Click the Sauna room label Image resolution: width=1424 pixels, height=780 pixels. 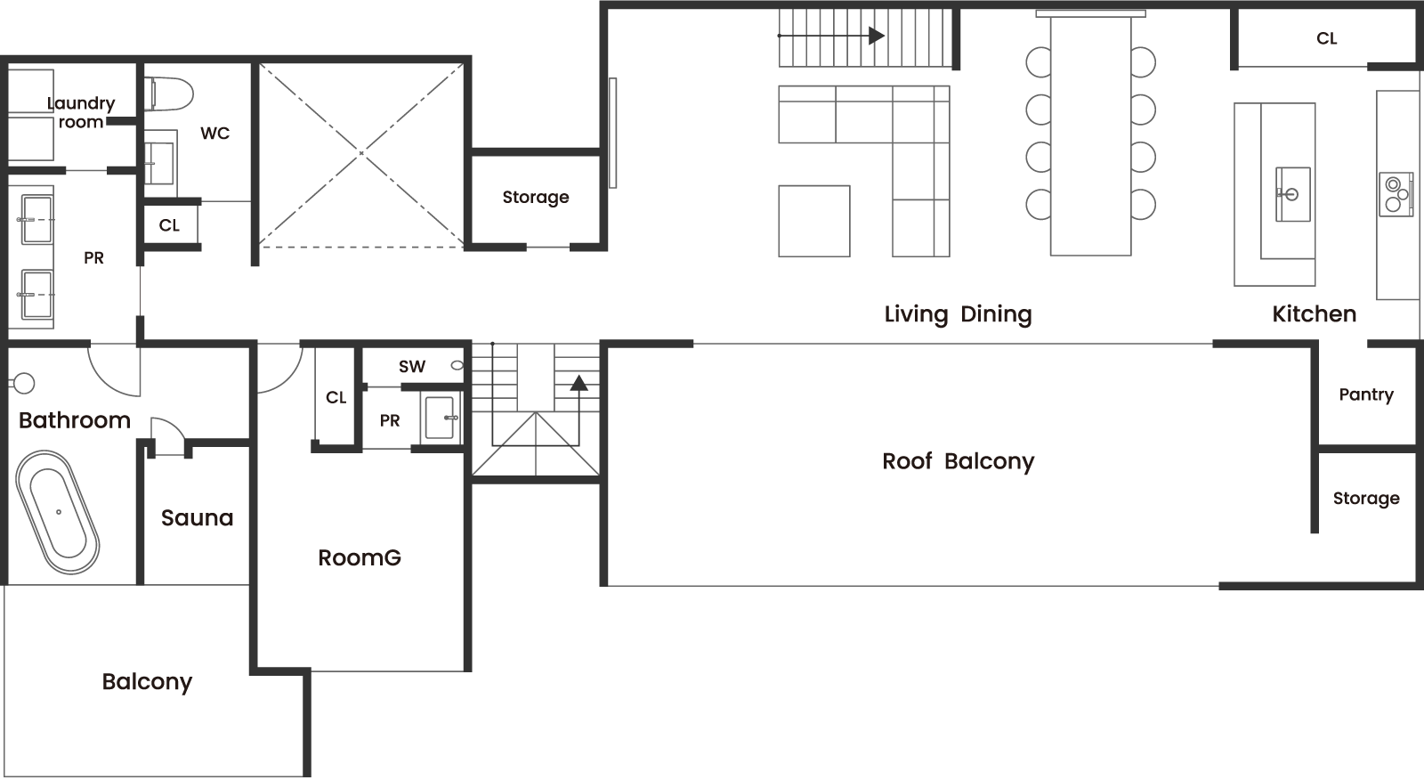coord(197,518)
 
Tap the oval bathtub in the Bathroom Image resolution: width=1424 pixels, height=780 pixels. coord(57,512)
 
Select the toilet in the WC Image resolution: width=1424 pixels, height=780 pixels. coord(168,94)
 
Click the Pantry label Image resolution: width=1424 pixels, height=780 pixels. coord(1366,395)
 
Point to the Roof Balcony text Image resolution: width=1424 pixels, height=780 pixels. coord(958,461)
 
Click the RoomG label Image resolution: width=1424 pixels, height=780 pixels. coord(360,558)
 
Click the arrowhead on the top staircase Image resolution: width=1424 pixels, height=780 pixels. coord(877,36)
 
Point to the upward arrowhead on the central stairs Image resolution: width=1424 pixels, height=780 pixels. coord(578,383)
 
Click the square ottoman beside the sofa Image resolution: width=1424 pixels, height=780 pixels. coord(813,222)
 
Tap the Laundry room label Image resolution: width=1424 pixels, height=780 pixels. coord(81,112)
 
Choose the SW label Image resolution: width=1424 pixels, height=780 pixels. coord(412,367)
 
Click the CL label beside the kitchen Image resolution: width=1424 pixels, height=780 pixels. coord(1327,39)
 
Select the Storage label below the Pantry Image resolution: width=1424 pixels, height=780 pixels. coord(1366,498)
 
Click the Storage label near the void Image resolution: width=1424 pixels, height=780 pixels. coord(535,198)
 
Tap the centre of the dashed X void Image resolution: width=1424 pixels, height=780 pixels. coord(361,153)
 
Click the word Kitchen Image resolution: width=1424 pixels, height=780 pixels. coord(1314,314)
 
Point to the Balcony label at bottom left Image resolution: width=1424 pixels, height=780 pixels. coord(147,682)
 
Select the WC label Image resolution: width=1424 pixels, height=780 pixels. coord(214,134)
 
